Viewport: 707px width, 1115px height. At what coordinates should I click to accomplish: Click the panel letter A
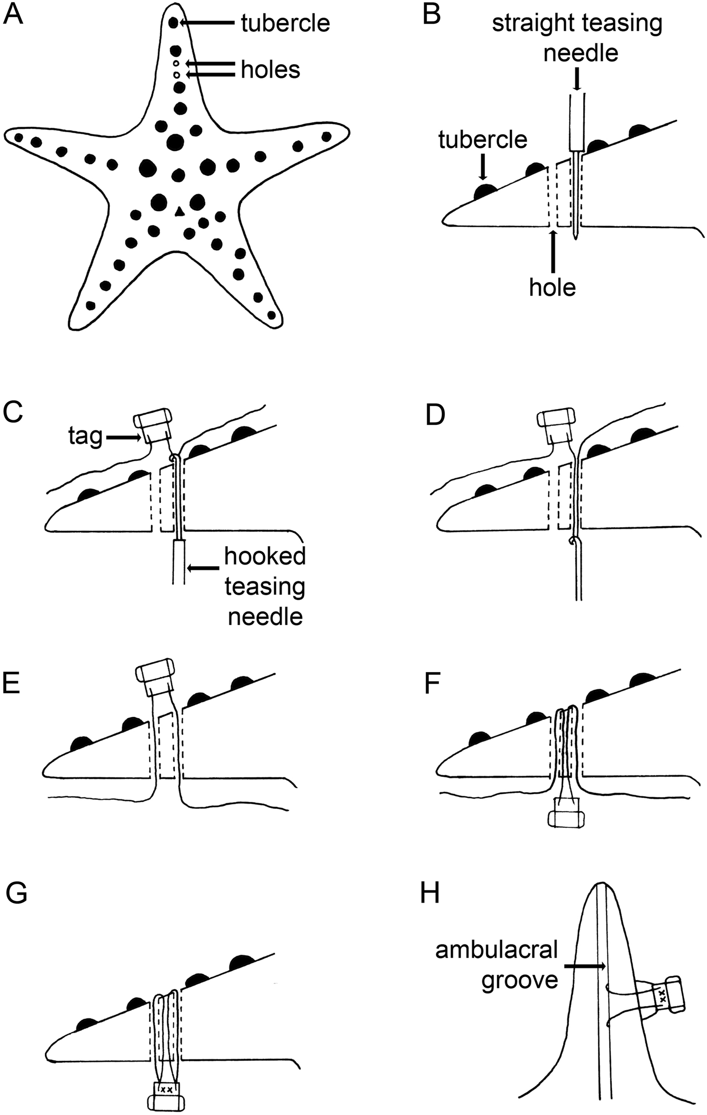tap(13, 15)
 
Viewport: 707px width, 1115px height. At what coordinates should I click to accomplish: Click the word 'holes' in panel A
tap(270, 70)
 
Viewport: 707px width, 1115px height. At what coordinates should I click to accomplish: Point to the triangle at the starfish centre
tap(178, 212)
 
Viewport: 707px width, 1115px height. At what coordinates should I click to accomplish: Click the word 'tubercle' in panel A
tap(285, 23)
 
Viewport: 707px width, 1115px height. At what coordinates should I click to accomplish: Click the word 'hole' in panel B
tap(552, 288)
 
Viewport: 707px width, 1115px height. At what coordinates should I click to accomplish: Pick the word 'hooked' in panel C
tap(265, 556)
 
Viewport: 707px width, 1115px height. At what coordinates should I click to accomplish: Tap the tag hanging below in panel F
tap(567, 812)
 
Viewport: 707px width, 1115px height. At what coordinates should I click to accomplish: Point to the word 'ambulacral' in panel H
tap(497, 951)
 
